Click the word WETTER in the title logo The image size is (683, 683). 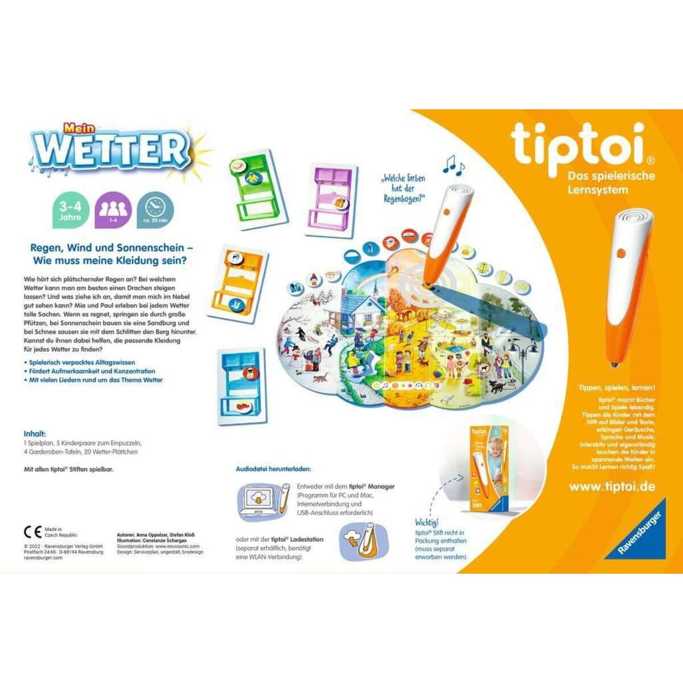pos(111,150)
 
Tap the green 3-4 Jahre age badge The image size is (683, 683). pos(71,211)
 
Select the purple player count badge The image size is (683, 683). pos(113,211)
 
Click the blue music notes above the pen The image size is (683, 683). pos(454,166)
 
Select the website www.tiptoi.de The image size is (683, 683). pos(612,487)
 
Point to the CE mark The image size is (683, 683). pos(32,532)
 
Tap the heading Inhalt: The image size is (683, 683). pos(35,434)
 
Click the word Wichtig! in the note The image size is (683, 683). pos(427,522)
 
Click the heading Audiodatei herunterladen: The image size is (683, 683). pos(273,469)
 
